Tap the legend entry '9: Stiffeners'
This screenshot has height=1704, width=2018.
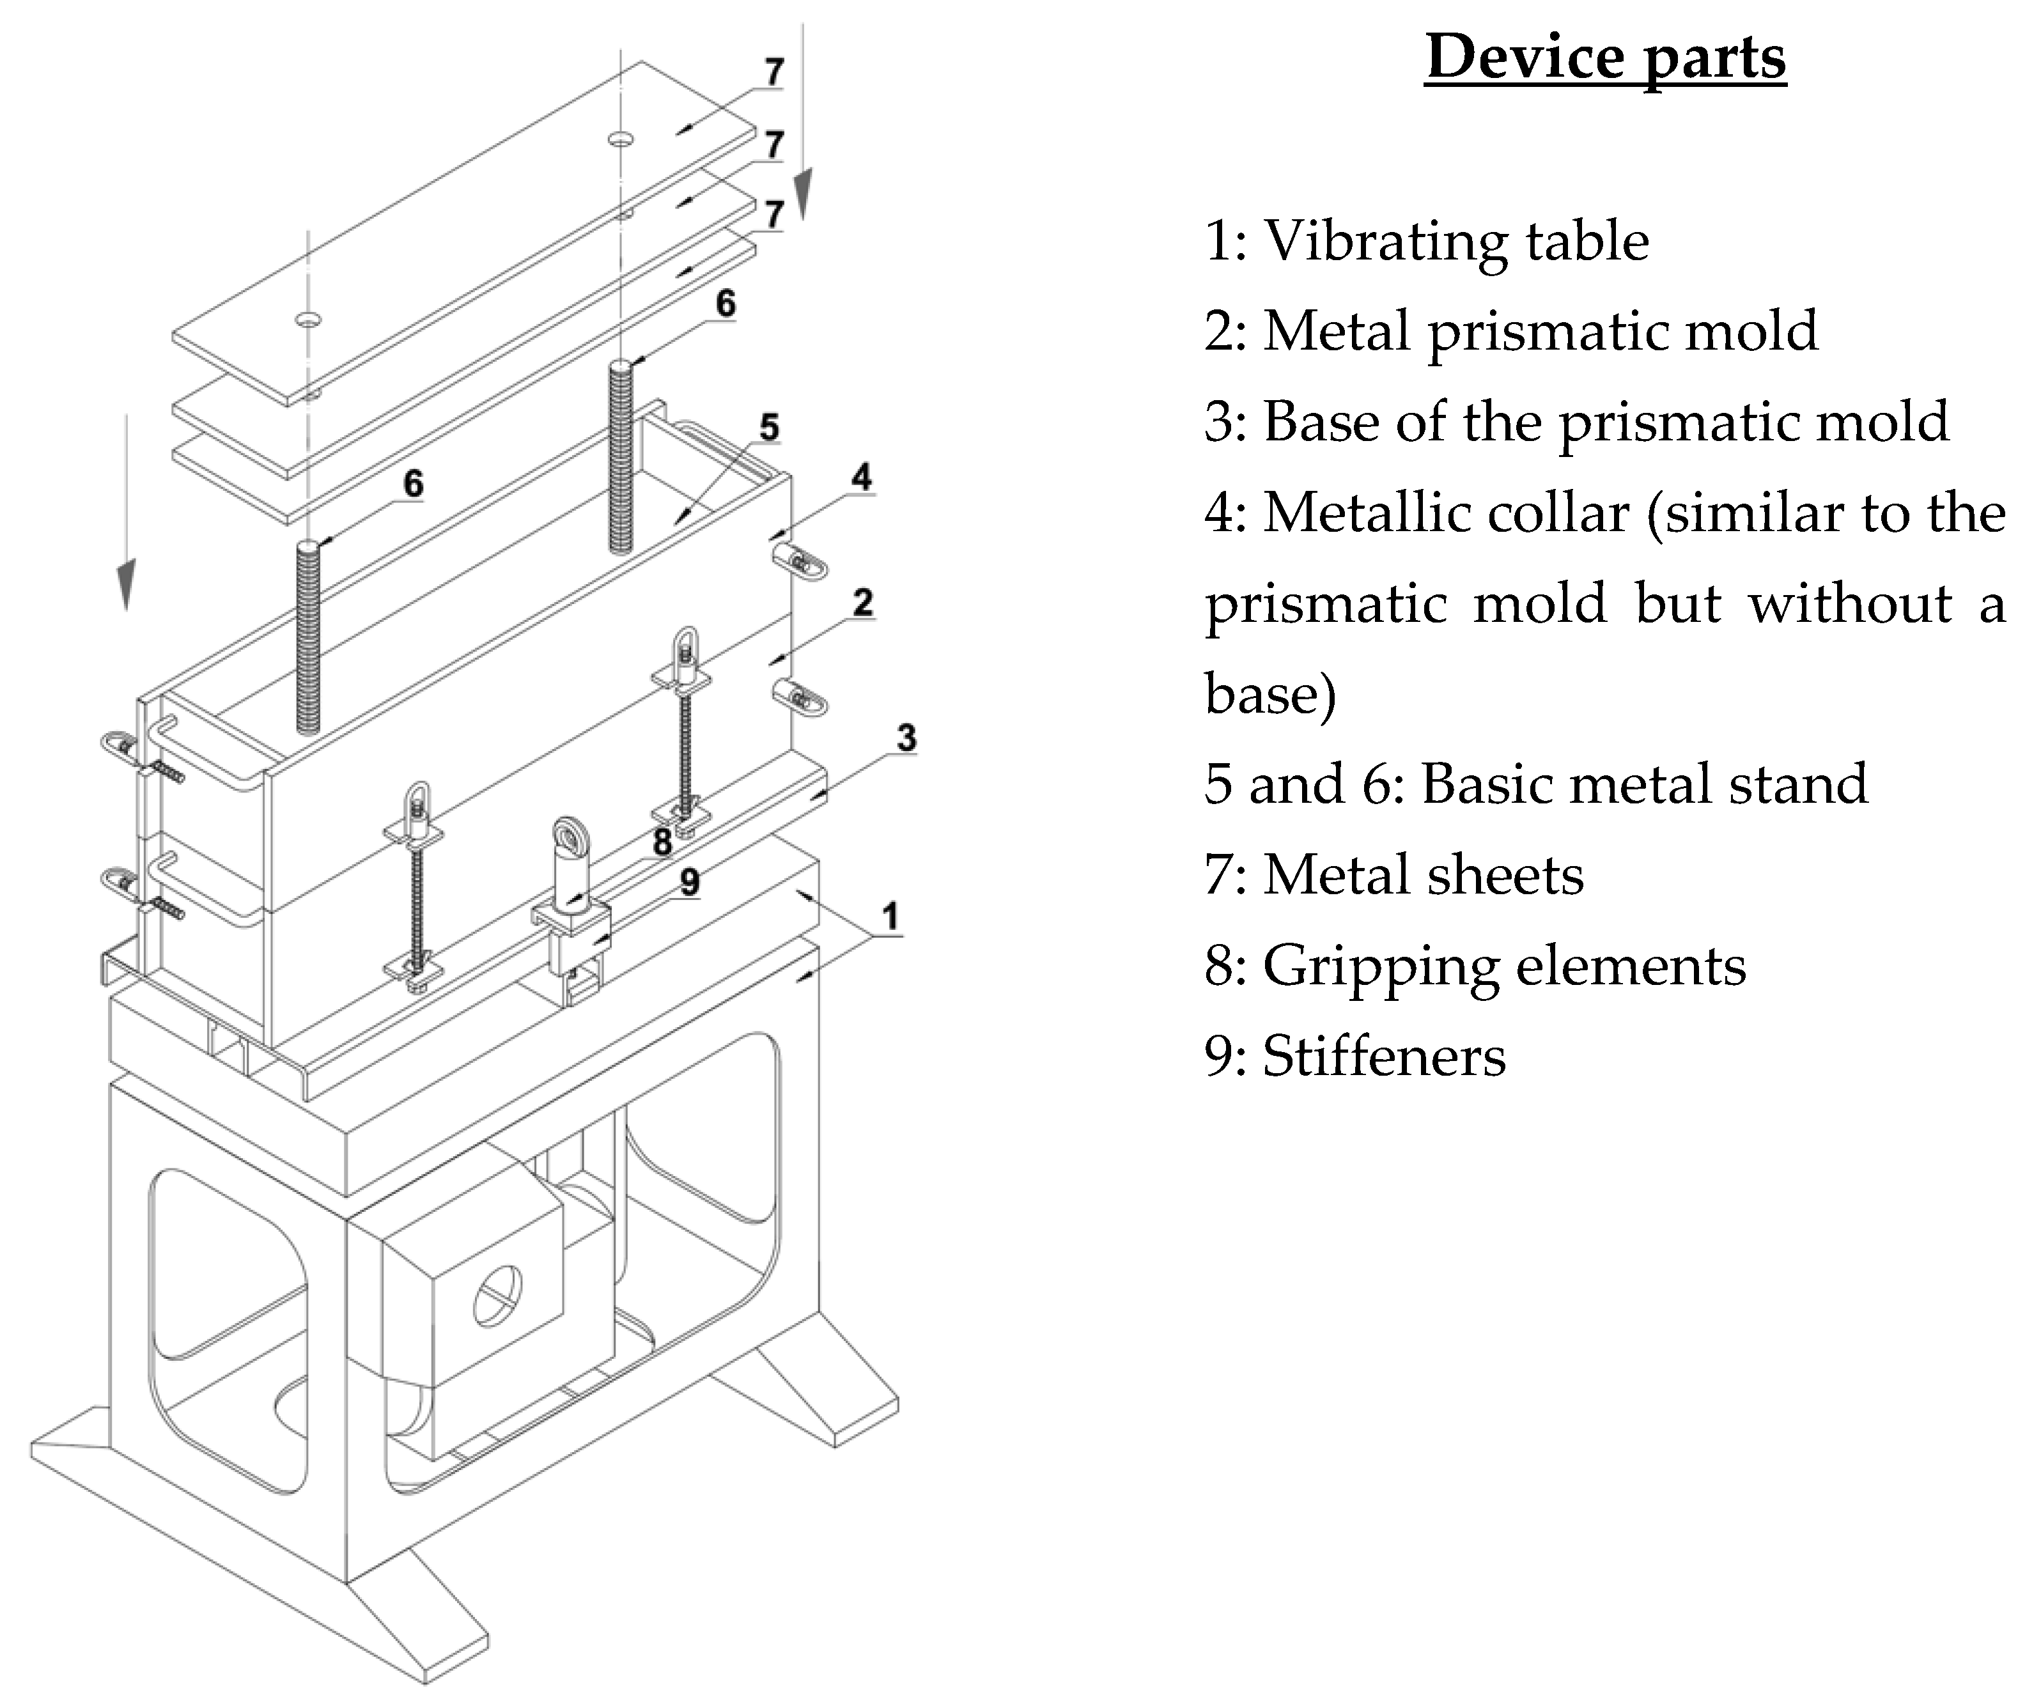(1354, 1056)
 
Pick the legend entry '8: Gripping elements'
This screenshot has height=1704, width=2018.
(1474, 965)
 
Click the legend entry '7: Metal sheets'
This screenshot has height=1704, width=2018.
(1393, 874)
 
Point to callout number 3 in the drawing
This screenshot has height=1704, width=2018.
(906, 738)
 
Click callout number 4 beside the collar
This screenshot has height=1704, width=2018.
(862, 477)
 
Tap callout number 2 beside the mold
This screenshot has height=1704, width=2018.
(863, 603)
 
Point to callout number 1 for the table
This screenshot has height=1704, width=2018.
(890, 916)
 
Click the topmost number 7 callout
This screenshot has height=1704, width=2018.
(774, 72)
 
